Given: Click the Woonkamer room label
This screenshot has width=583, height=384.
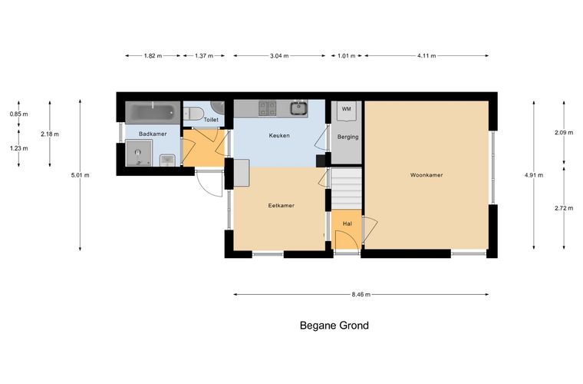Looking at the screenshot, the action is coord(427,175).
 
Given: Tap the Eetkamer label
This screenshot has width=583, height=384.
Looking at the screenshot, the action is coord(281,205).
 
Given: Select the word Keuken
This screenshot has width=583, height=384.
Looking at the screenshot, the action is coord(279,136).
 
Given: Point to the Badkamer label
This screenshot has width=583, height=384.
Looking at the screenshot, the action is coord(153,134).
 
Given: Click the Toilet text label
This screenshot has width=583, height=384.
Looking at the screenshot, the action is coord(211,120).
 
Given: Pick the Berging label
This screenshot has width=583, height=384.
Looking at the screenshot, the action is coord(348,137).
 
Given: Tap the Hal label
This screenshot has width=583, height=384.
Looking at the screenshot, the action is coord(347,223).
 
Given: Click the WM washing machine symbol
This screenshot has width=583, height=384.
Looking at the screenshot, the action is coord(346,111).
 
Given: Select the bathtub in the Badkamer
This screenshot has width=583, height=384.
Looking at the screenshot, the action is coord(153,111).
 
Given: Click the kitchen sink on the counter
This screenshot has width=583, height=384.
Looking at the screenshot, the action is coord(298,108).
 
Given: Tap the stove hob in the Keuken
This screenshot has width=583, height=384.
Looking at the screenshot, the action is coord(268,108).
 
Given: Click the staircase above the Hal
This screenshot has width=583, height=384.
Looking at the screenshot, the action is coord(346,189).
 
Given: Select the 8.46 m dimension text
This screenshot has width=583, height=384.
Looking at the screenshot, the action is coord(361,294).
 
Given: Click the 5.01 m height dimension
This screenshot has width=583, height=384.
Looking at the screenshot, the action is coord(81,175).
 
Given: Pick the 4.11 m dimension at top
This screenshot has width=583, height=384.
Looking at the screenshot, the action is coord(427,56).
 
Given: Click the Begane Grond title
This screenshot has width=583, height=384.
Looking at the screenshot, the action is coord(334,326).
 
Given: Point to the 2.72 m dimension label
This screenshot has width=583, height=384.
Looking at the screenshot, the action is coord(564,208).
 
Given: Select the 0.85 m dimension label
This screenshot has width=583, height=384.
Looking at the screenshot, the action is coord(18,114).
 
